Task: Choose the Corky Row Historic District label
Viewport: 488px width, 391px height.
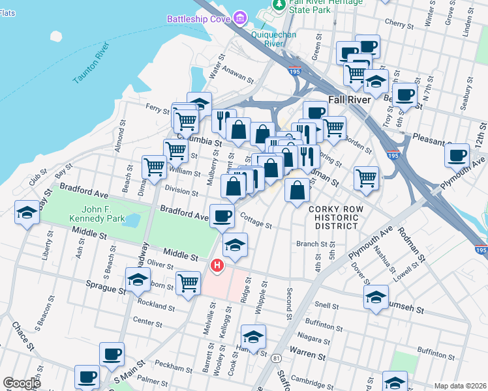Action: click(333, 217)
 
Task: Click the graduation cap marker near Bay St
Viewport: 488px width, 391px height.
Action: click(27, 213)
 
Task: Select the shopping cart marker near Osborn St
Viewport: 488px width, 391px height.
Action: click(188, 283)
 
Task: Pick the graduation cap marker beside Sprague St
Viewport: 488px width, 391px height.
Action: click(138, 281)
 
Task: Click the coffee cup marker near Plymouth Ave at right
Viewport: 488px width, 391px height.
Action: click(457, 155)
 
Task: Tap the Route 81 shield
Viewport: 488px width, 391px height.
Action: click(277, 358)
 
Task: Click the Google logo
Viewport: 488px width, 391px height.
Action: click(22, 383)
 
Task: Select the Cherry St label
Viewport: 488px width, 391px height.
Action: click(396, 22)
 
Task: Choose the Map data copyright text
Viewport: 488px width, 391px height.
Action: click(461, 386)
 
